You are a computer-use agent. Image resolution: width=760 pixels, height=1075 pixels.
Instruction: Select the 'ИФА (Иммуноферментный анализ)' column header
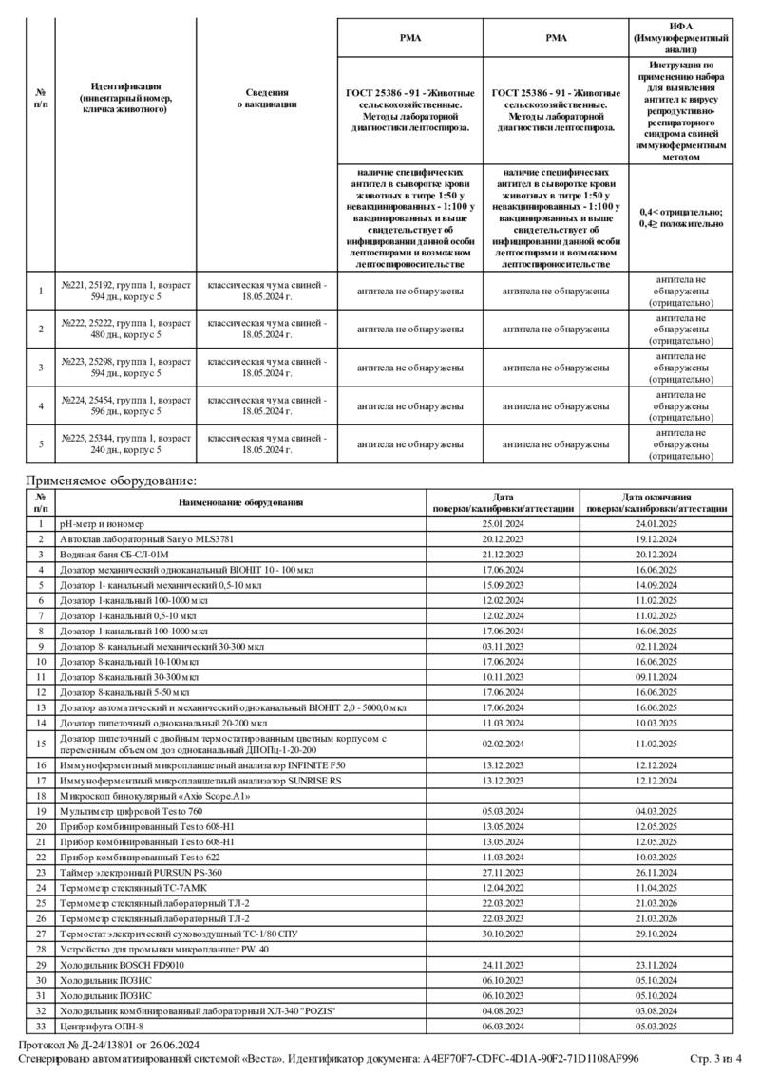tap(680, 36)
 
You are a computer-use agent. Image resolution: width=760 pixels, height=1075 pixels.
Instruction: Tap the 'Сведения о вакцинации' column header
tap(266, 98)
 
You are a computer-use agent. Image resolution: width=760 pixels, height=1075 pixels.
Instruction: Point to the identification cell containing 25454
tap(126, 405)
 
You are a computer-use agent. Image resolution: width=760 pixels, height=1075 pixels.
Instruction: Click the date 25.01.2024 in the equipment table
tap(503, 523)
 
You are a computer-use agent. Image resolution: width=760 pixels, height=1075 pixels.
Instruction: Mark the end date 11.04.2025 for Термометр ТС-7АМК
tap(655, 887)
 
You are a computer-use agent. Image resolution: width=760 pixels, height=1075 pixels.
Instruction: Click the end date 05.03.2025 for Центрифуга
tap(655, 1026)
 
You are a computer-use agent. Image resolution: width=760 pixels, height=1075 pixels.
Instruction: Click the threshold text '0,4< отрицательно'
tap(680, 212)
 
